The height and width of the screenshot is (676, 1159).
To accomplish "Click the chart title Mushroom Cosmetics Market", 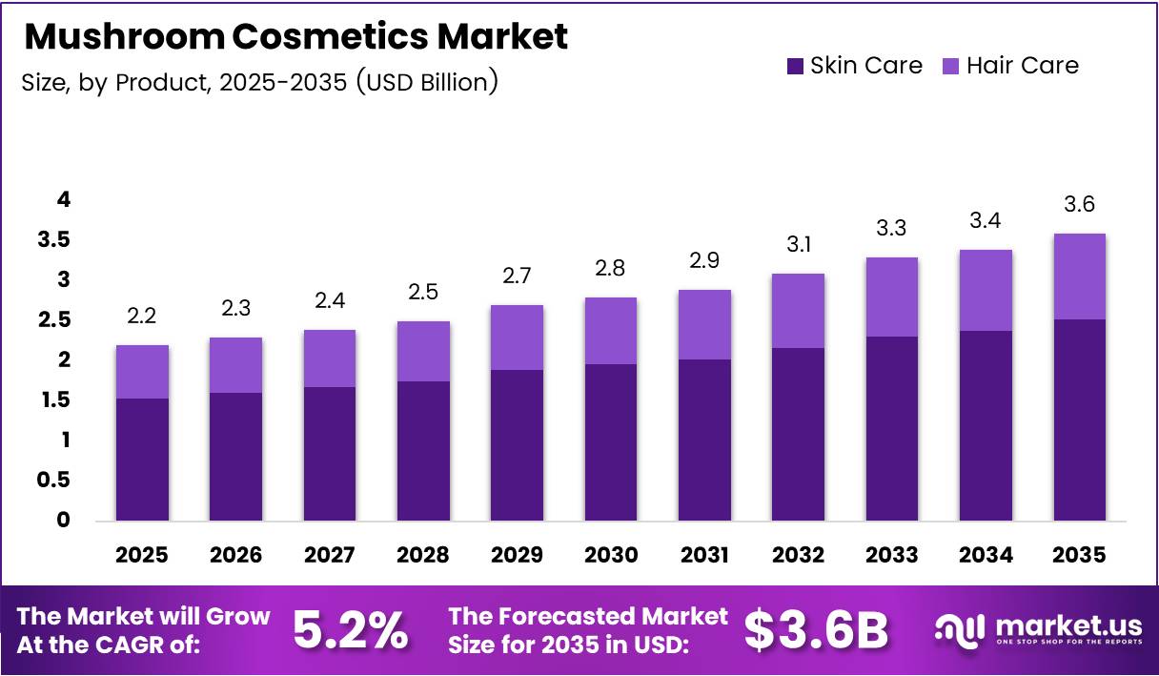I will [295, 36].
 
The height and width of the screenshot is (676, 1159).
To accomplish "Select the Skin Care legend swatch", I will [796, 66].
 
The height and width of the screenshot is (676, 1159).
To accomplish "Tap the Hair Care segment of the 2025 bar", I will [142, 372].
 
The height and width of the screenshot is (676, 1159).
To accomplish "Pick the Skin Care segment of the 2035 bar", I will [1079, 420].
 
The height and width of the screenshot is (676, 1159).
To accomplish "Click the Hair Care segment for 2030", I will [610, 331].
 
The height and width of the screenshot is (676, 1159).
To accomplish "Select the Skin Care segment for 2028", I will [423, 451].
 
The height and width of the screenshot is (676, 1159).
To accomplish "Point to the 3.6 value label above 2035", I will [1079, 205].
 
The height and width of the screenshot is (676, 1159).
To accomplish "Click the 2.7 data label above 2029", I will [517, 277].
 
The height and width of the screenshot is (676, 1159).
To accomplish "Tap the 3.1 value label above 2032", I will [798, 245].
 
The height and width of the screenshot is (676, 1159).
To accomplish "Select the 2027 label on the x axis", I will [330, 555].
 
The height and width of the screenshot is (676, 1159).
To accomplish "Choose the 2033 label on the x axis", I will [891, 555].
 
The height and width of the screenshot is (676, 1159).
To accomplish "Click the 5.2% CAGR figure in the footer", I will [350, 630].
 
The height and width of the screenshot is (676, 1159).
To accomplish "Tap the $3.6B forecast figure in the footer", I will [816, 630].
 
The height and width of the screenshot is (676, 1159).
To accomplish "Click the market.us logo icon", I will [958, 629].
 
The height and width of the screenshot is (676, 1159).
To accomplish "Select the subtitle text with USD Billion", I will [259, 82].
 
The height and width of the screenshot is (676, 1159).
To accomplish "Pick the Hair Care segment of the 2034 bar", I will [986, 291].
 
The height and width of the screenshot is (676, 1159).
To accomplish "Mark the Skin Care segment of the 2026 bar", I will [235, 456].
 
